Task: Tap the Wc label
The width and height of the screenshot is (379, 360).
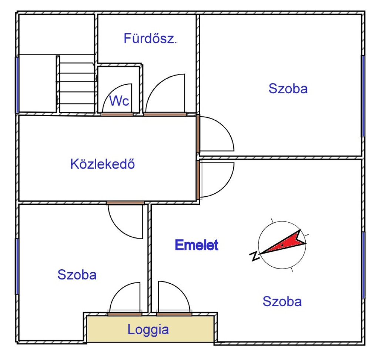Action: (119, 101)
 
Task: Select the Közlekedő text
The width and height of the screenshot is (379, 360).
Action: (103, 164)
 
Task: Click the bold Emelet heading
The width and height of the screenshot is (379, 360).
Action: (197, 245)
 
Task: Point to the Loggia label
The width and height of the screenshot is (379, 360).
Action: (148, 330)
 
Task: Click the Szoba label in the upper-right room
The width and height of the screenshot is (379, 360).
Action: (288, 89)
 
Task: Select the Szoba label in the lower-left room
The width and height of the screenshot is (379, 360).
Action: (77, 274)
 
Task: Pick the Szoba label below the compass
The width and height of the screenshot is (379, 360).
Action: (282, 301)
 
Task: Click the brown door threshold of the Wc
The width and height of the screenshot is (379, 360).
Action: (117, 114)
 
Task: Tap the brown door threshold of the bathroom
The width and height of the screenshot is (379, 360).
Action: (165, 114)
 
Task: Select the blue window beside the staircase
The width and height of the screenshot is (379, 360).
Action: (17, 85)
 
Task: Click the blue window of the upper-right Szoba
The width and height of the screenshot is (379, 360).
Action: (363, 96)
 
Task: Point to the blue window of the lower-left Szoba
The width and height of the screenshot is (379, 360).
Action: (17, 266)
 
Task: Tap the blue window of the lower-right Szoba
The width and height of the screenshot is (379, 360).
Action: (363, 265)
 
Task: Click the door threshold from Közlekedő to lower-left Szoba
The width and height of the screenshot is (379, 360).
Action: (125, 203)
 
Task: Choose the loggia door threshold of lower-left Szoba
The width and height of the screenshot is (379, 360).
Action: (125, 314)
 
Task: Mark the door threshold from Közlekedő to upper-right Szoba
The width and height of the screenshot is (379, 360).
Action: (198, 134)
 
